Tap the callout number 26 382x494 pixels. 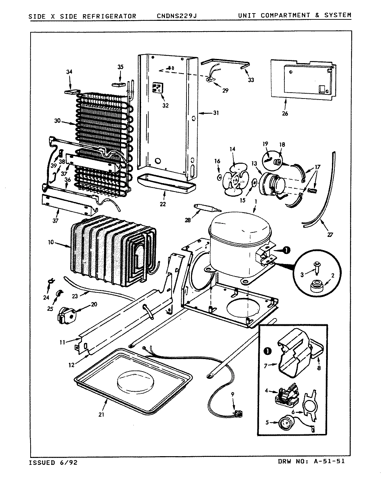click(285, 113)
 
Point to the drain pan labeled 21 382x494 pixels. click(134, 378)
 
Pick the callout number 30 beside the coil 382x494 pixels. click(57, 121)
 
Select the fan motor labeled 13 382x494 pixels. click(273, 184)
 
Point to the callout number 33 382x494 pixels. click(251, 80)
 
